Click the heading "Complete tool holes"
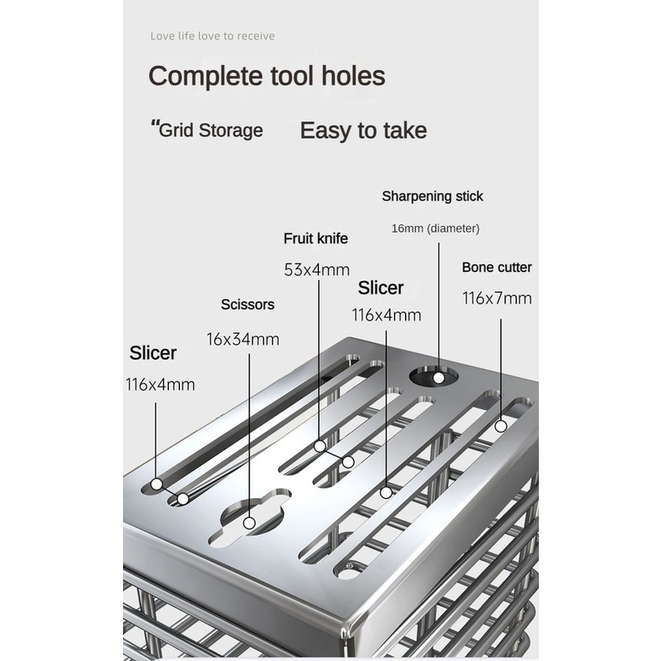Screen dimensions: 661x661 (267, 76)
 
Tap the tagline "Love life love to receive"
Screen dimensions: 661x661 (213, 36)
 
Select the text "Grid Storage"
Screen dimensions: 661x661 (211, 131)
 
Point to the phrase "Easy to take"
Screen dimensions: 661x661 (363, 131)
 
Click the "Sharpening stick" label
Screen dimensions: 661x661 (433, 197)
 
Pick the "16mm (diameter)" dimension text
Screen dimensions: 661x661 (435, 228)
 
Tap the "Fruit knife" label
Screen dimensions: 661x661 (315, 238)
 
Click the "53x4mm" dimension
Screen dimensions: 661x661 (317, 269)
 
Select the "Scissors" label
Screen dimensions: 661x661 (248, 305)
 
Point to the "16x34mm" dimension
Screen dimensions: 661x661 (243, 340)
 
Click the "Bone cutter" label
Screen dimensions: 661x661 (497, 267)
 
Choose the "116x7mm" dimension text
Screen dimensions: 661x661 (497, 299)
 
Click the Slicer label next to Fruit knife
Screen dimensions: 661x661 (381, 289)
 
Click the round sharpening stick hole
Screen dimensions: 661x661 (434, 376)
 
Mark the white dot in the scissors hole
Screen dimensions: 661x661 (249, 524)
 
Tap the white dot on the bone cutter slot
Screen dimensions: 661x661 (501, 426)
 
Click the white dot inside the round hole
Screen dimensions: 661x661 (438, 378)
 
